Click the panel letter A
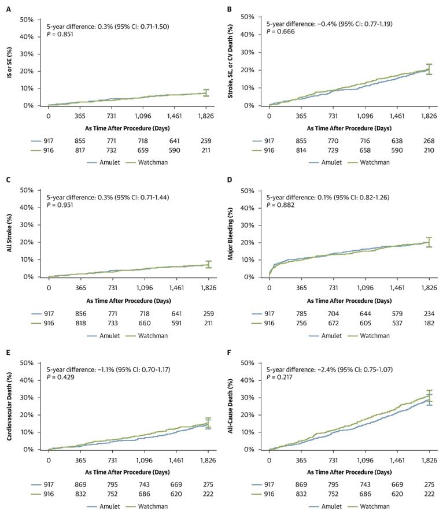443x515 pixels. click(x=5, y=10)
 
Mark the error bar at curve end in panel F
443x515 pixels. click(x=429, y=398)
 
